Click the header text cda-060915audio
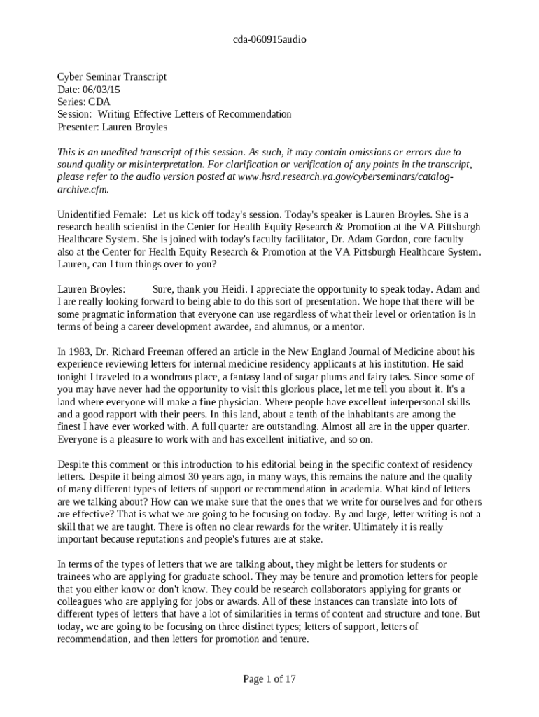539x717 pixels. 269,40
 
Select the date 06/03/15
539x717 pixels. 101,89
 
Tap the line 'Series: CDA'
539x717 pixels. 84,102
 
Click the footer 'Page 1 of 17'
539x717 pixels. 269,678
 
